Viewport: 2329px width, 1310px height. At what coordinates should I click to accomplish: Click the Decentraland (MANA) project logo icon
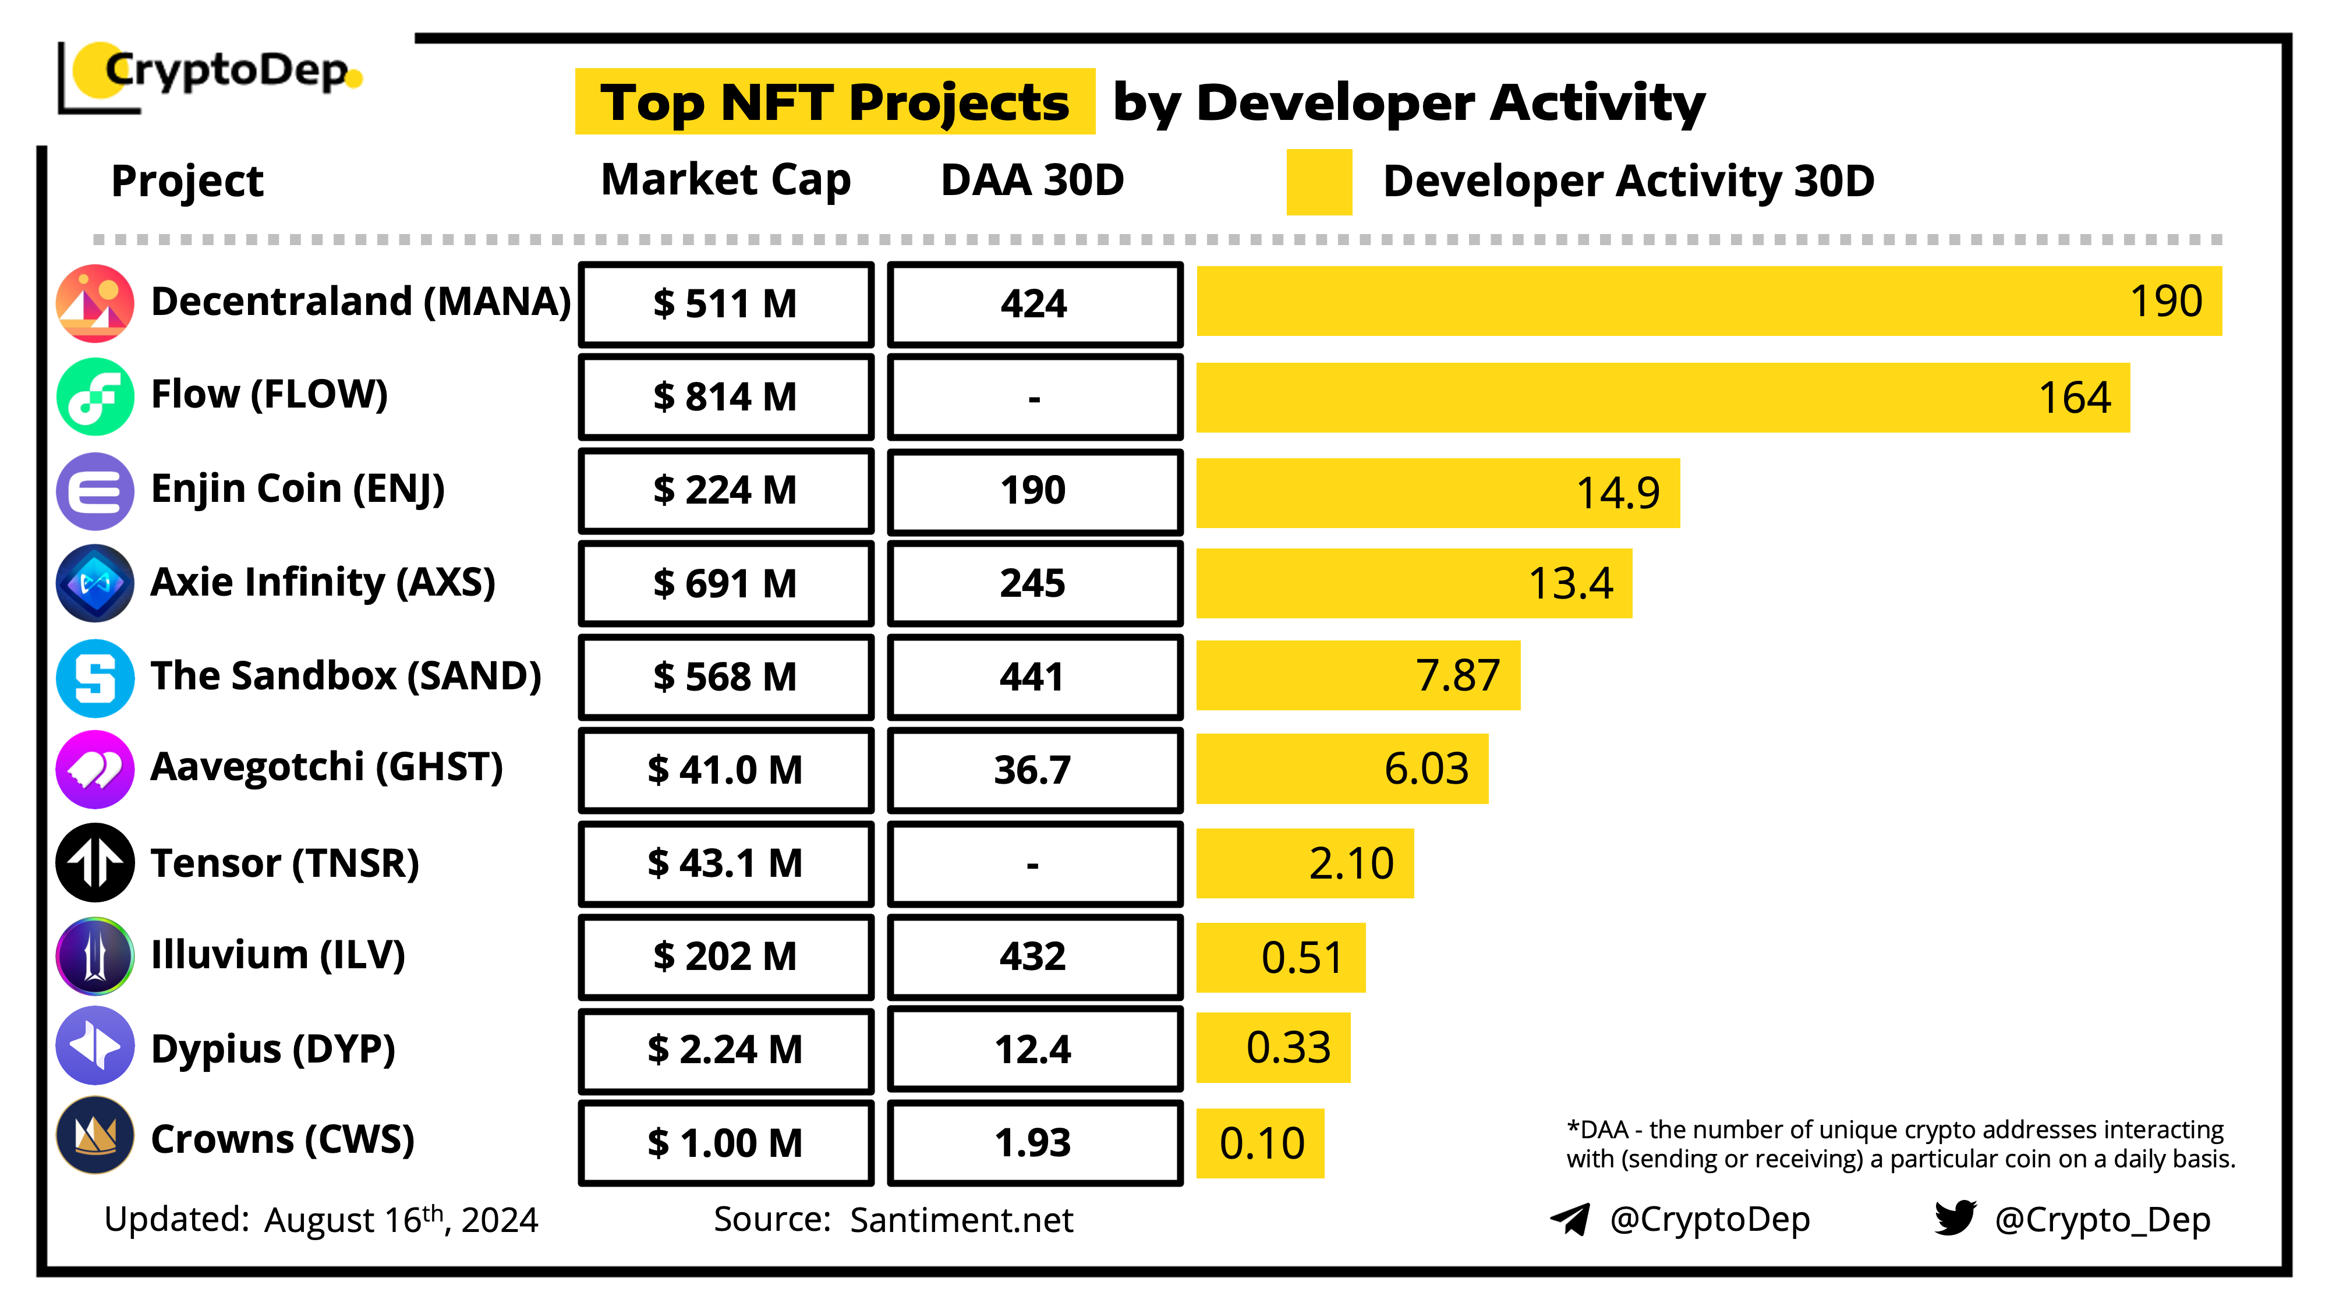[x=95, y=303]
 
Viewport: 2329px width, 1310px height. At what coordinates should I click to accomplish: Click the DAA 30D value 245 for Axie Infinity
[x=1033, y=583]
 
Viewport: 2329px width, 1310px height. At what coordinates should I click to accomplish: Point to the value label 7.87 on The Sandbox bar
[x=1457, y=675]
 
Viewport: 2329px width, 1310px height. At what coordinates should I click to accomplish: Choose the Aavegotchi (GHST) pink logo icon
[x=95, y=769]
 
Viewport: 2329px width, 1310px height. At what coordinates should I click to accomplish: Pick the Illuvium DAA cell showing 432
[x=1033, y=957]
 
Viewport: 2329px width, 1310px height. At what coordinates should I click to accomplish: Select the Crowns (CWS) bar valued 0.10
[x=1261, y=1143]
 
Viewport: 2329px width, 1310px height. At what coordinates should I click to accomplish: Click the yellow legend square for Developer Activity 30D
[x=1319, y=182]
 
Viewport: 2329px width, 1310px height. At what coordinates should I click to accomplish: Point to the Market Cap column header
[x=726, y=180]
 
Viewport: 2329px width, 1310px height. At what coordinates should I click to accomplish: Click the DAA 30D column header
[x=1032, y=180]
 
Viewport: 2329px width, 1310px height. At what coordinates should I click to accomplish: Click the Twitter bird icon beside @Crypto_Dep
[x=1955, y=1219]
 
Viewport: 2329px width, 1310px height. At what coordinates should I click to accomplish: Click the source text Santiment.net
[x=961, y=1220]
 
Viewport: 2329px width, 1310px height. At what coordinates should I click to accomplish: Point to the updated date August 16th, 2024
[x=401, y=1220]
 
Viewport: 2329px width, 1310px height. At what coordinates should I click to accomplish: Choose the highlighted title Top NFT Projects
[x=834, y=102]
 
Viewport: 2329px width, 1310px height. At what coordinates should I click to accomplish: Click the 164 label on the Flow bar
[x=2074, y=398]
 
